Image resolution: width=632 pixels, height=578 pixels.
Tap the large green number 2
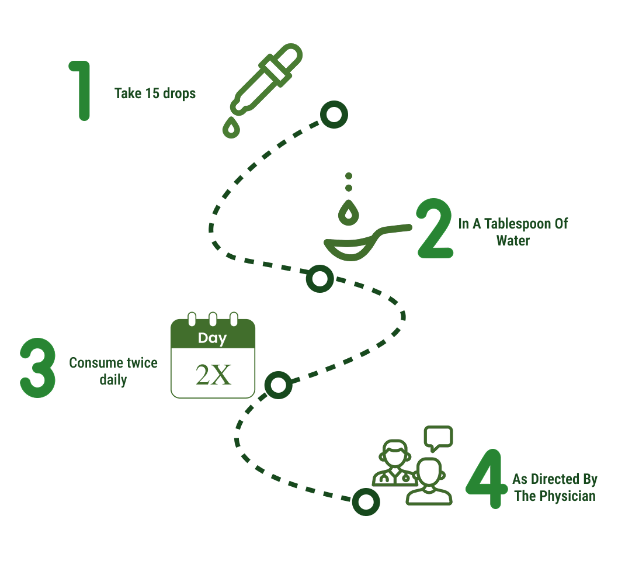pyautogui.click(x=435, y=229)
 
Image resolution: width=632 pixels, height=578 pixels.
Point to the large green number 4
pyautogui.click(x=486, y=479)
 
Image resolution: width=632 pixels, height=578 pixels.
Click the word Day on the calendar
pyautogui.click(x=212, y=338)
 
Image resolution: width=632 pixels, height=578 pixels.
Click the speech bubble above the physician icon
pyautogui.click(x=438, y=437)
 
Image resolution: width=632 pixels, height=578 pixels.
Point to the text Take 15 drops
pyautogui.click(x=155, y=93)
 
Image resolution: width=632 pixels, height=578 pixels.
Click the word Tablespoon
pyautogui.click(x=514, y=224)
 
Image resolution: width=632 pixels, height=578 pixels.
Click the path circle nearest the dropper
pyautogui.click(x=334, y=115)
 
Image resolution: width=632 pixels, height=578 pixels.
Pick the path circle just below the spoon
pyautogui.click(x=320, y=279)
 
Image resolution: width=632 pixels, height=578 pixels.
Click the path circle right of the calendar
pyautogui.click(x=278, y=385)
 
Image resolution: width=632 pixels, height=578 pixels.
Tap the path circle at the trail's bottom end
pyautogui.click(x=366, y=501)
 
